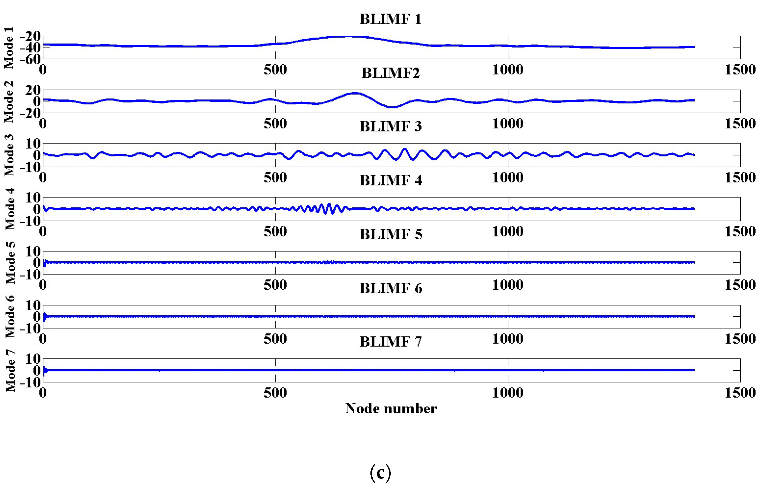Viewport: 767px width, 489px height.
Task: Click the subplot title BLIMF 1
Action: click(390, 19)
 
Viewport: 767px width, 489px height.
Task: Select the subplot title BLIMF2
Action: click(390, 73)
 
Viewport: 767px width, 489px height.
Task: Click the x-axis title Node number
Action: click(391, 408)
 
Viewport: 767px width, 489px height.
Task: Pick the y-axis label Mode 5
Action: click(10, 263)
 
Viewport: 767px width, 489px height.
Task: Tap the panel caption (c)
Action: click(380, 472)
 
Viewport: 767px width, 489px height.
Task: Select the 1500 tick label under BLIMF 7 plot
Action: click(740, 393)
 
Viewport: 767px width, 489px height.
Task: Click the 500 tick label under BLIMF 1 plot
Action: click(275, 70)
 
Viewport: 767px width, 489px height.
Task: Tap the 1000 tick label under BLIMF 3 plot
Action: click(508, 178)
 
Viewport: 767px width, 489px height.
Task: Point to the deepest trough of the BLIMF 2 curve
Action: click(392, 107)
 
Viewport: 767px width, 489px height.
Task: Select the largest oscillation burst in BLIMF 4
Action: click(326, 209)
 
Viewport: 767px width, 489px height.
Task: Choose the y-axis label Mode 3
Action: click(9, 155)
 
